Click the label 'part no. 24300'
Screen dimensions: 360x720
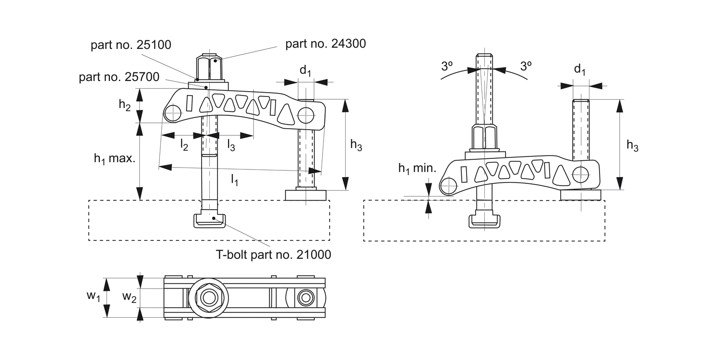pos(325,44)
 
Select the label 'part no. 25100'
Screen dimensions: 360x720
pos(131,45)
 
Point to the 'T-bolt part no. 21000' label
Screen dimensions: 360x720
pos(273,254)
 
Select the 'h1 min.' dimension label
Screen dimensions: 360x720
pos(417,168)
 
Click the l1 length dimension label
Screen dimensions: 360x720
pos(234,180)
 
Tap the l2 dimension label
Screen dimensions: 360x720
pos(184,144)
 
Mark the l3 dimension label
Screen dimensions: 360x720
pos(231,144)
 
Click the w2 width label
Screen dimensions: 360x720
pos(129,297)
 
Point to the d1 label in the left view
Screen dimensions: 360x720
pos(305,71)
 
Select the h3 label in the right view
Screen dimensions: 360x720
pos(632,146)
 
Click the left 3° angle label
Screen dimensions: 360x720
pos(447,66)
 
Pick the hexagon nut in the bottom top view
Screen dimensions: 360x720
pos(209,298)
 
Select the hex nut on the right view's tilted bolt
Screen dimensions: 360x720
pos(485,138)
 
